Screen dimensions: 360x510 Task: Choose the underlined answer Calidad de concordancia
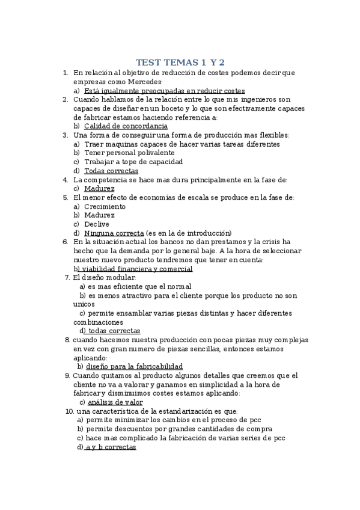coord(126,126)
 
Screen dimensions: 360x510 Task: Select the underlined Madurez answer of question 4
coord(99,188)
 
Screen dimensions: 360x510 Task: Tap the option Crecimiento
coord(105,206)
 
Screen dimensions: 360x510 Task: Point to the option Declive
coord(97,224)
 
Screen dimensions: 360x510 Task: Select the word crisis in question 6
coord(269,242)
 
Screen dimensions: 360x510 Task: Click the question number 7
coord(67,278)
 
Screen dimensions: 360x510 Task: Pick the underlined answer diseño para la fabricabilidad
coord(134,366)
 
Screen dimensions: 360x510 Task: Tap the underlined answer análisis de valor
coord(115,402)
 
